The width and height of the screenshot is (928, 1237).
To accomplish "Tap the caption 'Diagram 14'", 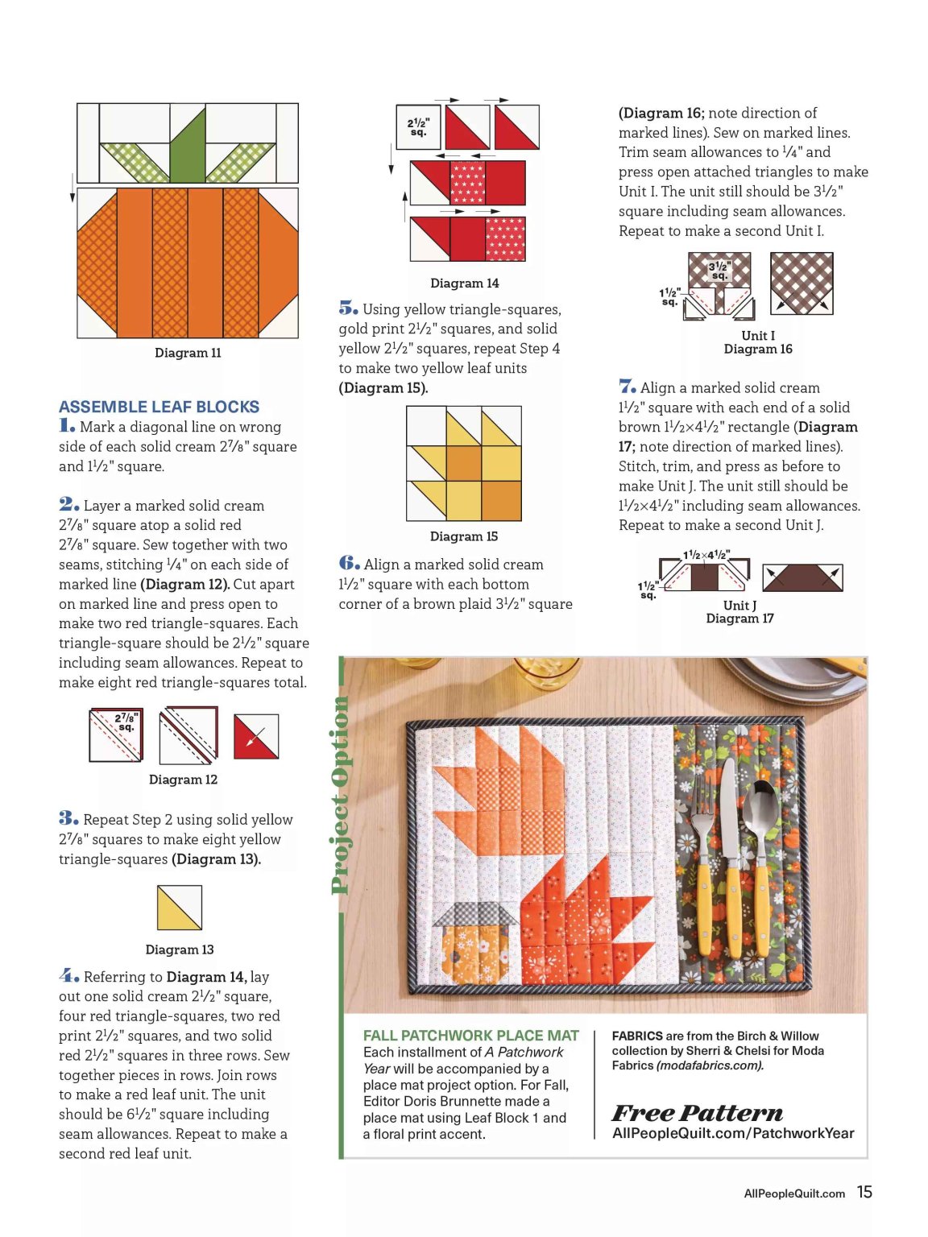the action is point(464,283).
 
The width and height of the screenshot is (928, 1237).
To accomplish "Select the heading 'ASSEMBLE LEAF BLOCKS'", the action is point(159,407).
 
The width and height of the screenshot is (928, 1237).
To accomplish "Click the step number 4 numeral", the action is point(68,974).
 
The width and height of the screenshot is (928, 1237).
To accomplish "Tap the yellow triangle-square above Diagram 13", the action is point(179,908).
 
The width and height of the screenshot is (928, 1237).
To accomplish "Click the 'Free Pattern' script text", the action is point(697,1113).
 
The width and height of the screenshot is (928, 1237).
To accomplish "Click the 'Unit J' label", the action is point(739,606).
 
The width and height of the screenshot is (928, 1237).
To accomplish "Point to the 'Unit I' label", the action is point(758,335).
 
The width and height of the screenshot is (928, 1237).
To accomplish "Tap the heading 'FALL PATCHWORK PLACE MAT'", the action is point(471,1036).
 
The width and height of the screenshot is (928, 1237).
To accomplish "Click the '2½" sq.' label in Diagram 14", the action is point(419,127).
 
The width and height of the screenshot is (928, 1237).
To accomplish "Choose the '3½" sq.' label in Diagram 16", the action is point(719,271).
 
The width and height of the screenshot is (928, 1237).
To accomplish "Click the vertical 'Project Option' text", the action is point(340,796).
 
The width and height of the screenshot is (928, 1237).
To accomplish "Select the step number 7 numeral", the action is point(627,387).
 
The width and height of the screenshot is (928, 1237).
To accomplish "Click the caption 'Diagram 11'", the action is point(188,353).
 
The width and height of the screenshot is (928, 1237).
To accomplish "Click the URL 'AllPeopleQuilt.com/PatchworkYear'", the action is point(733,1133).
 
